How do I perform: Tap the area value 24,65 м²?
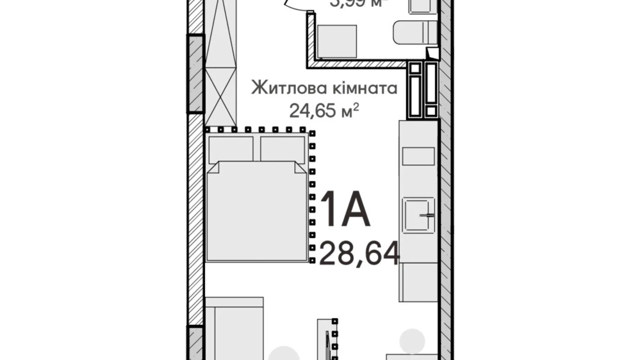point(324,111)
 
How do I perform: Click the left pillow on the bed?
point(231,148)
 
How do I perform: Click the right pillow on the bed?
point(282,148)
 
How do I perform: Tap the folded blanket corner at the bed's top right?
point(300,168)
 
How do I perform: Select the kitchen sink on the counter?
point(419,215)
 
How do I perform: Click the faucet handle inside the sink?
point(427,215)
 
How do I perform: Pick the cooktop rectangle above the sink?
point(419,156)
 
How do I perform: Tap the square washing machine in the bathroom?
point(337,41)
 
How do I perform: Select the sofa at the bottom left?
point(234,329)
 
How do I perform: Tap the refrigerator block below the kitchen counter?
point(419,282)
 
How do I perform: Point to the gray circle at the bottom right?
point(412,341)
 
